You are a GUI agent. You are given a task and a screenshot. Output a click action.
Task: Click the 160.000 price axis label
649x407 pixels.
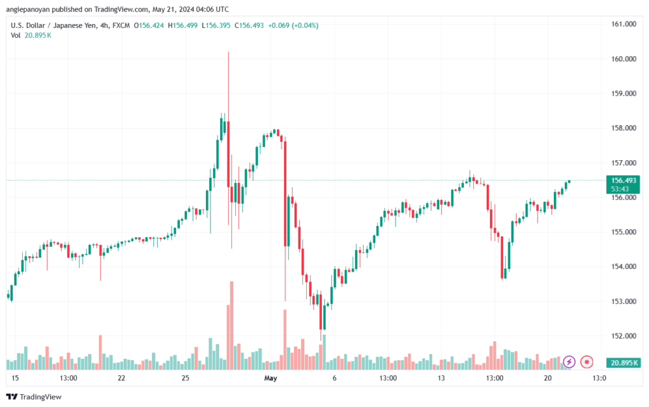pos(624,59)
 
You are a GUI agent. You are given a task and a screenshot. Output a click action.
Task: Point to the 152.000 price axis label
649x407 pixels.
pos(624,336)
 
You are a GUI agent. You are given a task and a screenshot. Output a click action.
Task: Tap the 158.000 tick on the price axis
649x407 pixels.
pos(624,128)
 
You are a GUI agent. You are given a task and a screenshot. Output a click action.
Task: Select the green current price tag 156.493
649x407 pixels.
pos(623,184)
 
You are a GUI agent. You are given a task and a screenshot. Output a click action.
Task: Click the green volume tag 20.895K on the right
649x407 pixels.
pos(623,363)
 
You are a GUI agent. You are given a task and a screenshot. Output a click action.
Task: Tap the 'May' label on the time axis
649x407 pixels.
pos(270,378)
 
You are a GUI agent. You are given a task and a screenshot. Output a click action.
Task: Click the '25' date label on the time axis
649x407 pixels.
pos(185,378)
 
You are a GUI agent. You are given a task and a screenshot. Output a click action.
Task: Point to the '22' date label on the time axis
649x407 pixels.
pos(121,378)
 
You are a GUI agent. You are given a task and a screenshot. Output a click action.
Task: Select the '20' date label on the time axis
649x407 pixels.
pos(548,378)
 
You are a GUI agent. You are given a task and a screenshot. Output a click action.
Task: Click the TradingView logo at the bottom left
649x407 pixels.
pos(34,397)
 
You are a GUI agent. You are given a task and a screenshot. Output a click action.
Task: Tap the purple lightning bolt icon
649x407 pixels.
pos(569,362)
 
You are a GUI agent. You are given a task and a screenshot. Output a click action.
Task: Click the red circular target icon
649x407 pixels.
pos(586,362)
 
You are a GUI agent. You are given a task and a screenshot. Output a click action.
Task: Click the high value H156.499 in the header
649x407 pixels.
pos(183,25)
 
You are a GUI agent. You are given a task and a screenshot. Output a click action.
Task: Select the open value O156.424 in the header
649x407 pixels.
pos(149,25)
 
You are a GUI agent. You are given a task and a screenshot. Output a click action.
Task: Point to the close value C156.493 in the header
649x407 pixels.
pos(249,25)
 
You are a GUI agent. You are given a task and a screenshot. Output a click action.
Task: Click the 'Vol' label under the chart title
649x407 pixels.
pos(16,35)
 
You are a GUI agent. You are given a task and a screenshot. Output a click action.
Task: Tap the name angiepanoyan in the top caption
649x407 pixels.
pos(28,9)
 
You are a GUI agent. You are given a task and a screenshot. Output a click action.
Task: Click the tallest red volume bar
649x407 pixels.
pos(232,325)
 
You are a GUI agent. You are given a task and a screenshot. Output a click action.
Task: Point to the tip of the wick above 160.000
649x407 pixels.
pos(228,52)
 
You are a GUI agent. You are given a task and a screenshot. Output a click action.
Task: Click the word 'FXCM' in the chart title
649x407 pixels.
pos(121,25)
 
